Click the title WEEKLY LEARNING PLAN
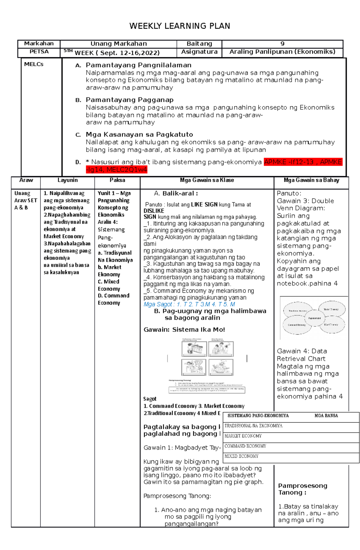point(180,26)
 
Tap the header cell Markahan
point(39,44)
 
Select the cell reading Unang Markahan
point(118,44)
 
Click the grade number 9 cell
point(282,44)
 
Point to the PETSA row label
point(39,52)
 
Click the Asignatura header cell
point(199,52)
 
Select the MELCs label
point(34,64)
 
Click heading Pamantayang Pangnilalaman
point(138,65)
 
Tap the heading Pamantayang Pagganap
point(130,100)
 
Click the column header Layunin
point(67,180)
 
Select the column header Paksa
point(117,180)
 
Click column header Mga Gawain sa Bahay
point(311,180)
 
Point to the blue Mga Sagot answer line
point(189,304)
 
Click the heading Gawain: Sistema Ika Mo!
point(184,330)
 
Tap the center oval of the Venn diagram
point(314,318)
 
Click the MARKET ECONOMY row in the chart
point(243,436)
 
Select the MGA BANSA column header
point(326,416)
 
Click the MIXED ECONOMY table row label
point(241,456)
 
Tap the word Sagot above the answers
point(150,399)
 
